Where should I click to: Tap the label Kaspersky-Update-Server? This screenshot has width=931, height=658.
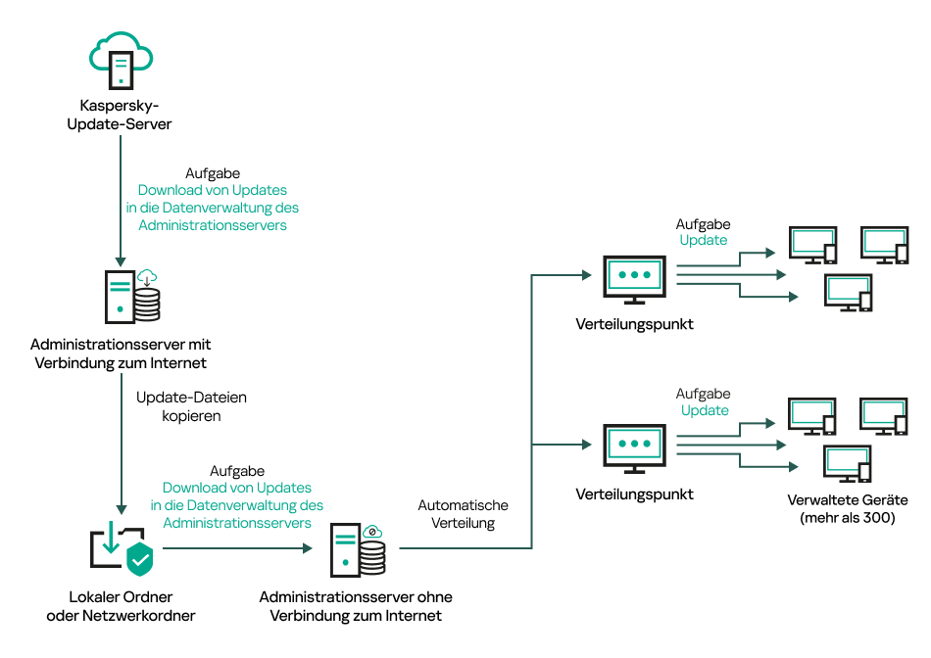click(120, 115)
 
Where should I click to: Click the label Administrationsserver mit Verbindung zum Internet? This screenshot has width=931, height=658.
click(121, 353)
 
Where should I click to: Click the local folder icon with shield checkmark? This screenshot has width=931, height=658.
click(122, 549)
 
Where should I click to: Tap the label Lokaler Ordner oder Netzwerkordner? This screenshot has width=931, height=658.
click(121, 606)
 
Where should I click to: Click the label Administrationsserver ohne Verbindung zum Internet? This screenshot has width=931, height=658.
click(356, 606)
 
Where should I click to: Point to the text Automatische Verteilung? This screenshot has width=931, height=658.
click(464, 514)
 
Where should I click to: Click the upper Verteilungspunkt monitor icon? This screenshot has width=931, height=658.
click(635, 278)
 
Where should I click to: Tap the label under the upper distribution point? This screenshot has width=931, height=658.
click(635, 324)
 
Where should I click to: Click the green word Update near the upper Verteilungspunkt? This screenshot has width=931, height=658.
click(704, 240)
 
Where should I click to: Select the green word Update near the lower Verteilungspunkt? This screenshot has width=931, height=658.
click(704, 410)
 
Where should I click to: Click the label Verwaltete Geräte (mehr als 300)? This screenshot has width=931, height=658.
click(848, 509)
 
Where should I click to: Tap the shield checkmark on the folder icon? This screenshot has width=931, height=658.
click(141, 559)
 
